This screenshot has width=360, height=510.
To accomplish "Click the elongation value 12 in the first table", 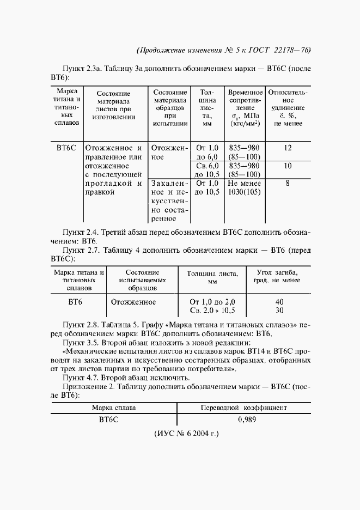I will coord(288,148).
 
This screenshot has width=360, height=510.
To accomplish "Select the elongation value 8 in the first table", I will coord(288,184).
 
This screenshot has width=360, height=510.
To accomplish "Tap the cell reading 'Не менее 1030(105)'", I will coord(245,188).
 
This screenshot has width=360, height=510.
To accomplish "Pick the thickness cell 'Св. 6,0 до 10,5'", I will coord(207,170).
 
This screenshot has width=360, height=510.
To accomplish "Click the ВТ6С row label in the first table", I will coord(66,148).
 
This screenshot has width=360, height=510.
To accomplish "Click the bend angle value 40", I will coord(279,301).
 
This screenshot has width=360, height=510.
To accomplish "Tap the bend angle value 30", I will coord(279,310).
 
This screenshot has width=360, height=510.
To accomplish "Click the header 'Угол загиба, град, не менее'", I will coord(277,276).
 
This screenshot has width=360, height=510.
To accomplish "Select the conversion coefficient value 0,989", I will coord(248,420).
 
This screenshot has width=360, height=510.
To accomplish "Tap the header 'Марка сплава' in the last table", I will coord(114,408).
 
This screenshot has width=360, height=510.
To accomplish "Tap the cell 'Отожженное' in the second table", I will coord(133,301).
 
